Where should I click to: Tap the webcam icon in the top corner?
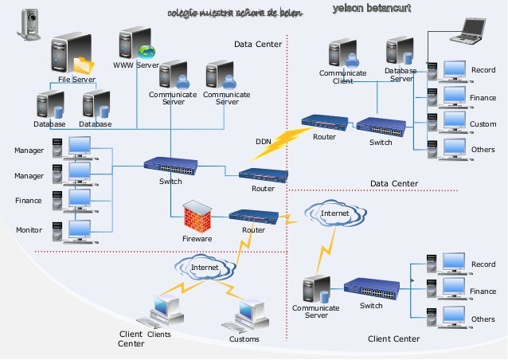click(30, 23)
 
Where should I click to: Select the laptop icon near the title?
click(468, 30)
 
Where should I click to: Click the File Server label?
click(77, 80)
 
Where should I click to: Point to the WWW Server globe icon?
click(147, 51)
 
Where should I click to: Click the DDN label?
click(264, 142)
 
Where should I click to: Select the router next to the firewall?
click(253, 216)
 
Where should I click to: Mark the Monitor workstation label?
click(29, 229)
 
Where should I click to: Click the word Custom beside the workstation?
click(483, 124)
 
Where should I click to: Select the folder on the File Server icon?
click(84, 65)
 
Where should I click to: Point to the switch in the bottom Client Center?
click(371, 288)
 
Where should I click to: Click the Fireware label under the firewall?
click(197, 238)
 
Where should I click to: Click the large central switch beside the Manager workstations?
click(170, 166)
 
